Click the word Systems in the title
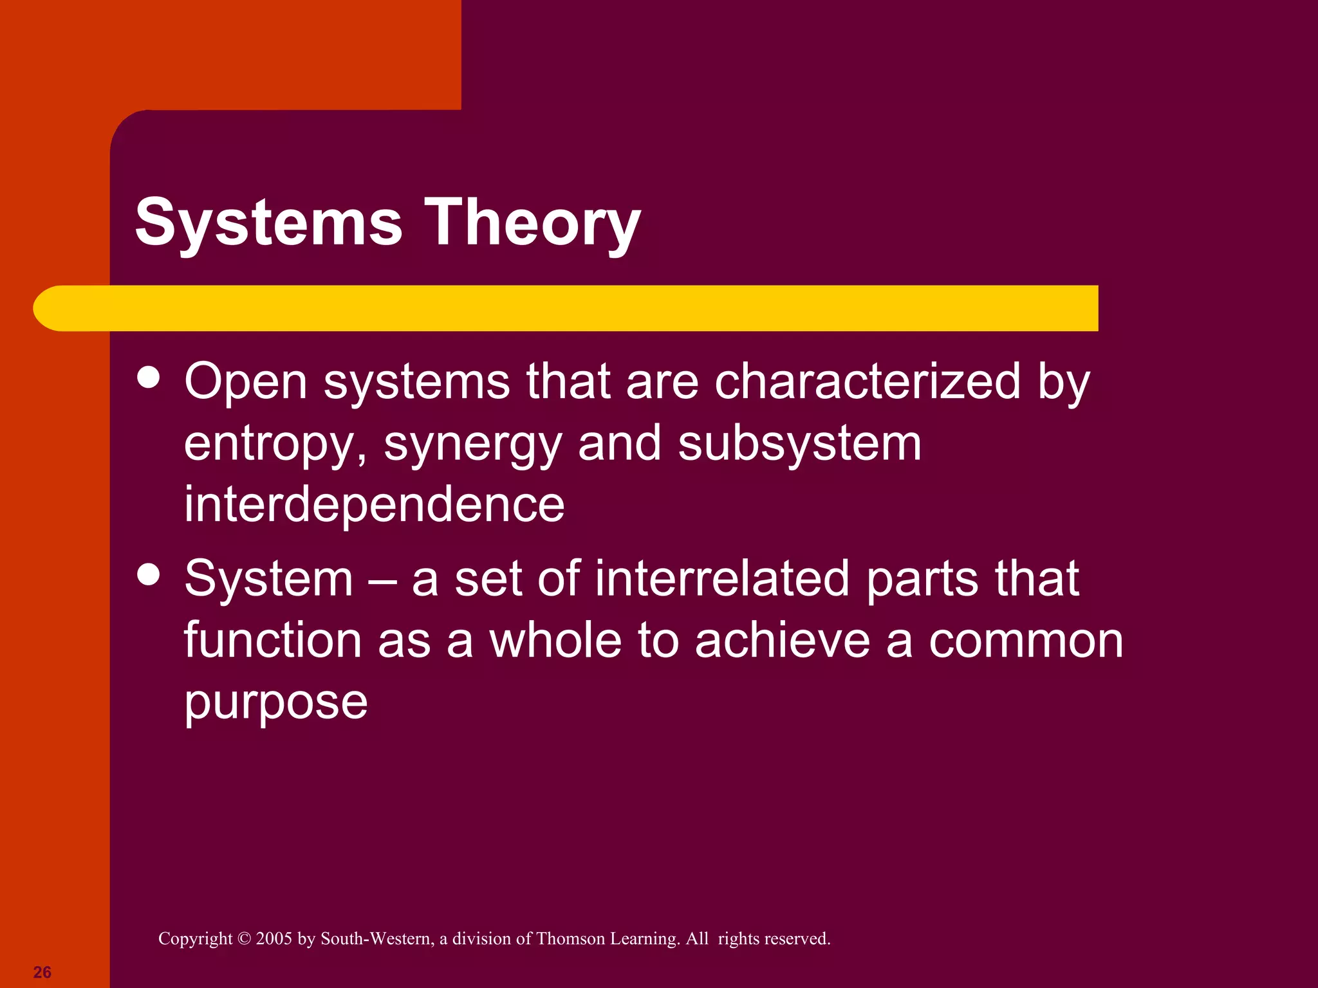[268, 222]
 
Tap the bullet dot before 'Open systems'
[149, 378]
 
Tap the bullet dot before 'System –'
[149, 574]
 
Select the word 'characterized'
[868, 381]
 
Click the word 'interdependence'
[374, 504]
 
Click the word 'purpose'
[275, 702]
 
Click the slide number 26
[42, 972]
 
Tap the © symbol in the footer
[244, 939]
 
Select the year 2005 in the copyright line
[274, 939]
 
